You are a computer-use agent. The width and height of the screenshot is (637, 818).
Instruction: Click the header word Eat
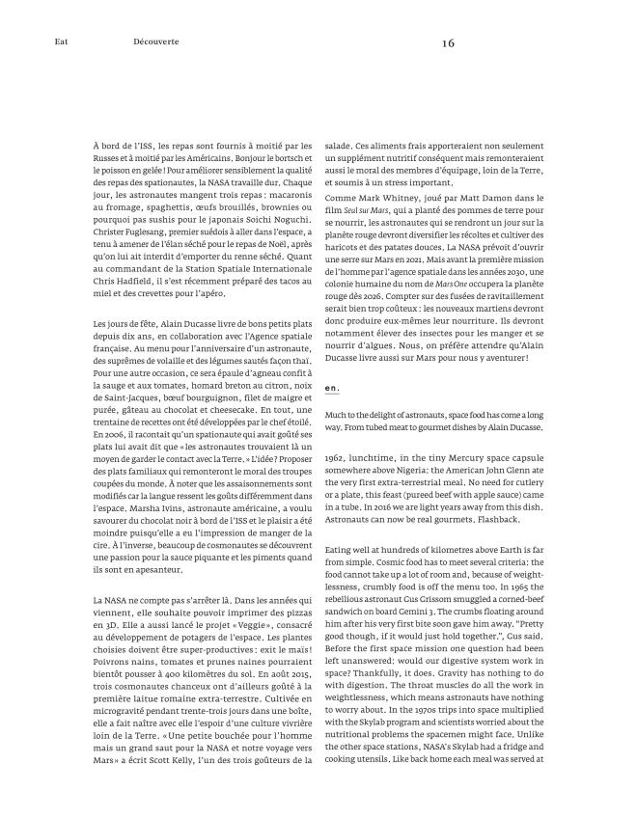click(61, 42)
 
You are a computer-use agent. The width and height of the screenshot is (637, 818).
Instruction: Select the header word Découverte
click(156, 42)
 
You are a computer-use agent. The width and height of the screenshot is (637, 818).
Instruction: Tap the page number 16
click(448, 42)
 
